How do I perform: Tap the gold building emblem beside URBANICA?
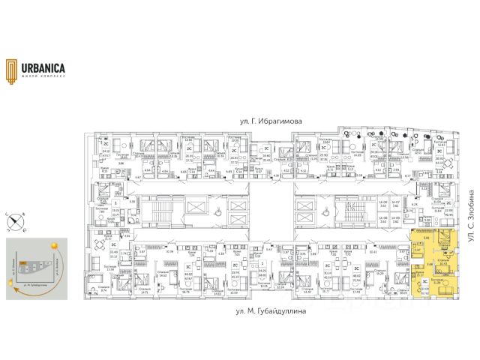pyautogui.click(x=10, y=69)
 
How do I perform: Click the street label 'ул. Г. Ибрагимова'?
pyautogui.click(x=254, y=120)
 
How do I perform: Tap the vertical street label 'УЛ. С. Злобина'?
pyautogui.click(x=472, y=214)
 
